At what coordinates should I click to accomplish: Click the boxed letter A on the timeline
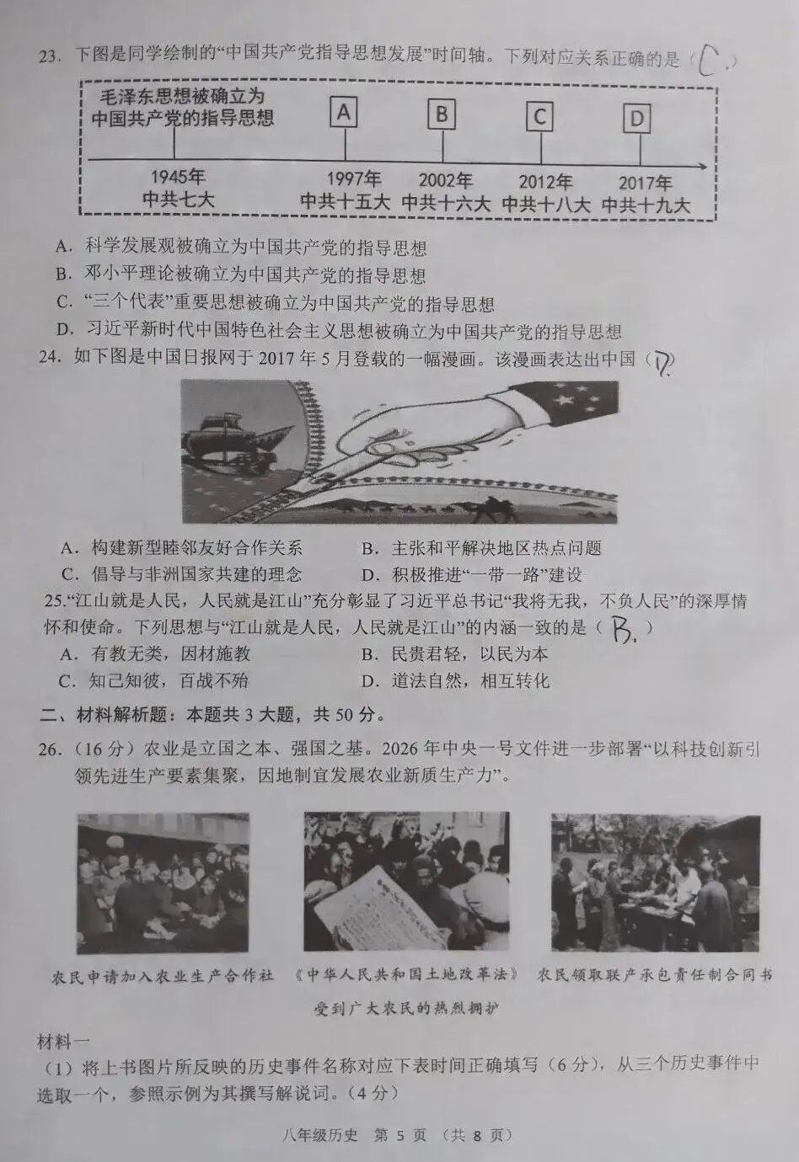tap(344, 111)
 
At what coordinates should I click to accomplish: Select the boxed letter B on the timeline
tap(442, 115)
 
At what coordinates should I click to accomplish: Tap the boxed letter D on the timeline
tap(636, 119)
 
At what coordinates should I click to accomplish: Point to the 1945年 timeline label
tap(178, 177)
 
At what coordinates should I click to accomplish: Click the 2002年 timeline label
tap(446, 180)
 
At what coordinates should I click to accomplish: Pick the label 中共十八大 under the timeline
tap(546, 205)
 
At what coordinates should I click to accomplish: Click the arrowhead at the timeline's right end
tap(702, 166)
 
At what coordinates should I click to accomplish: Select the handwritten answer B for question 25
tap(623, 630)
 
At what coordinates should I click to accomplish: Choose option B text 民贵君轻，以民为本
tap(469, 654)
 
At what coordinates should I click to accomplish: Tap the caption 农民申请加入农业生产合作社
tap(163, 976)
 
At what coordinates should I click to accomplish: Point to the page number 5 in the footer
tap(399, 1135)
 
